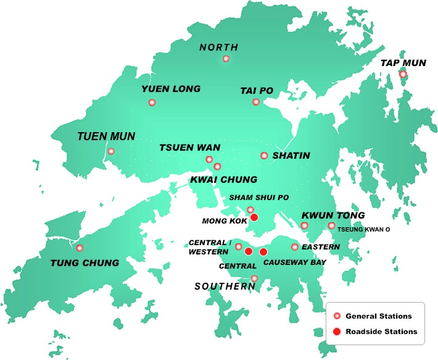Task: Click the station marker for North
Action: [226, 59]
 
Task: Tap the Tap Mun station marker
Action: [403, 74]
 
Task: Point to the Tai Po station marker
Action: [256, 102]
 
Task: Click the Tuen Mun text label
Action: [105, 136]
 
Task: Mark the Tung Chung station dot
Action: [80, 248]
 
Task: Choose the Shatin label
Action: [292, 156]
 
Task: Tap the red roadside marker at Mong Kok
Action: [254, 217]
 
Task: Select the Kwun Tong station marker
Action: [304, 225]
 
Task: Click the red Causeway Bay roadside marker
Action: [263, 252]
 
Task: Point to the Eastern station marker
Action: [295, 247]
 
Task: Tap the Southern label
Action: [225, 287]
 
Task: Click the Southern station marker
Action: [254, 279]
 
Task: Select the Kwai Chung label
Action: [224, 180]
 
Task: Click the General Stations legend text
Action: [378, 316]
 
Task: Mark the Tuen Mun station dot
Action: [111, 151]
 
